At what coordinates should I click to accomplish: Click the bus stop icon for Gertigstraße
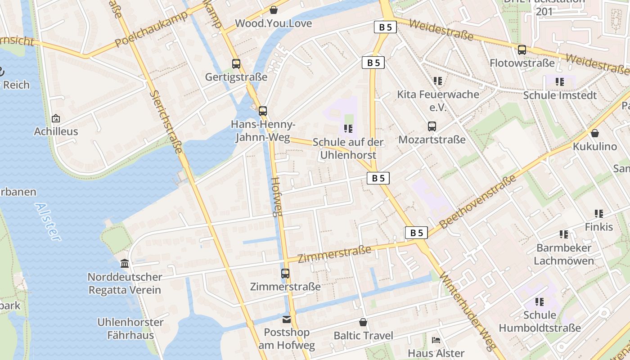click(236, 64)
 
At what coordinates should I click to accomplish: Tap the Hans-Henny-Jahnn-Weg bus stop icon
click(262, 111)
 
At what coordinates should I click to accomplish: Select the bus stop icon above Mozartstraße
click(432, 126)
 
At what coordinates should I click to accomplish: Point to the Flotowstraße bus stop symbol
click(522, 50)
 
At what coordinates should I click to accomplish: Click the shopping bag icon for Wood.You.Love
click(273, 10)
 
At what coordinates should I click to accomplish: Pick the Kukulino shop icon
click(595, 134)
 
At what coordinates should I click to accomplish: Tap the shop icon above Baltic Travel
click(363, 323)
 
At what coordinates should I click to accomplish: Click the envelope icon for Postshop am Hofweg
click(287, 320)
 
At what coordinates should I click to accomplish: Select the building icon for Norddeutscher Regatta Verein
click(125, 264)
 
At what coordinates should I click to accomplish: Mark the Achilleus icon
click(56, 119)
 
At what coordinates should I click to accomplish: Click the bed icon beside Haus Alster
click(436, 340)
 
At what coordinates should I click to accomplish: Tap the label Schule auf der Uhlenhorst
click(348, 148)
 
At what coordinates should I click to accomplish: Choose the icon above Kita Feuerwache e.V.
click(438, 81)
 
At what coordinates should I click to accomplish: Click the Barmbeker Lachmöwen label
click(564, 254)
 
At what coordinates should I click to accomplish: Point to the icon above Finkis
click(599, 214)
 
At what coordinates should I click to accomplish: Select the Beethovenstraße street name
click(478, 202)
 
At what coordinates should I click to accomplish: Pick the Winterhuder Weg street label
click(468, 310)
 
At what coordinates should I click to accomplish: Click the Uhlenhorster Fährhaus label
click(130, 328)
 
